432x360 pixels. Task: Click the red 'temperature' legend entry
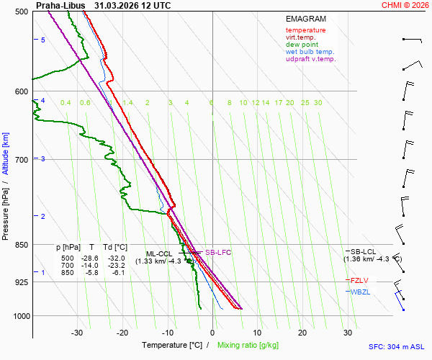point(305,30)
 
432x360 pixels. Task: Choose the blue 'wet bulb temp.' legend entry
point(310,52)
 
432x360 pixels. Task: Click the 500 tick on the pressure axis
point(22,12)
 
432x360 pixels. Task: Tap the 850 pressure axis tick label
point(22,246)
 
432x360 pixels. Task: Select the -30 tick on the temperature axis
point(78,333)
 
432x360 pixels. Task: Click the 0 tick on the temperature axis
point(212,333)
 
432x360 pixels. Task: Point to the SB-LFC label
point(218,253)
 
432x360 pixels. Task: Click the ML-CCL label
point(159,254)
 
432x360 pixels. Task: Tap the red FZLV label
point(359,280)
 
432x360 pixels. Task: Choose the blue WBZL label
point(360,292)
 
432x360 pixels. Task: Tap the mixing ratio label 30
point(318,103)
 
